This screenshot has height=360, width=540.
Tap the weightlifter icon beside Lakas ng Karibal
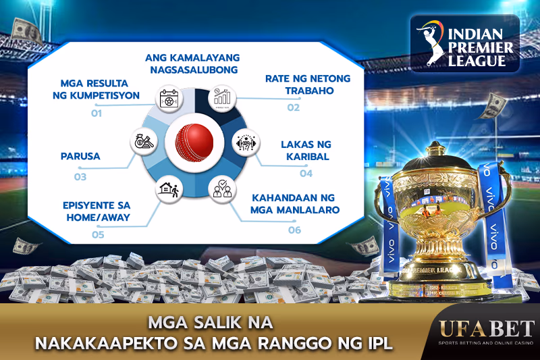(246, 143)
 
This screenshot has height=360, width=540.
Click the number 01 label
(97, 113)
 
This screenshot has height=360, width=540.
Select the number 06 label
(294, 230)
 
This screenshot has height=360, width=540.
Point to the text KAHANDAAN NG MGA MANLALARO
(295, 204)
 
